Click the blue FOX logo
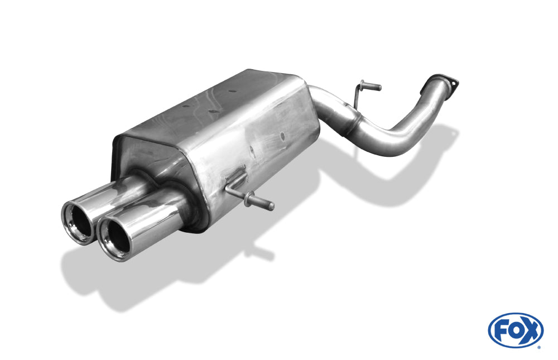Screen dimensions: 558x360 click(x=516, y=330)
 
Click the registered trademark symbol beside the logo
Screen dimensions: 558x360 click(x=540, y=347)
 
